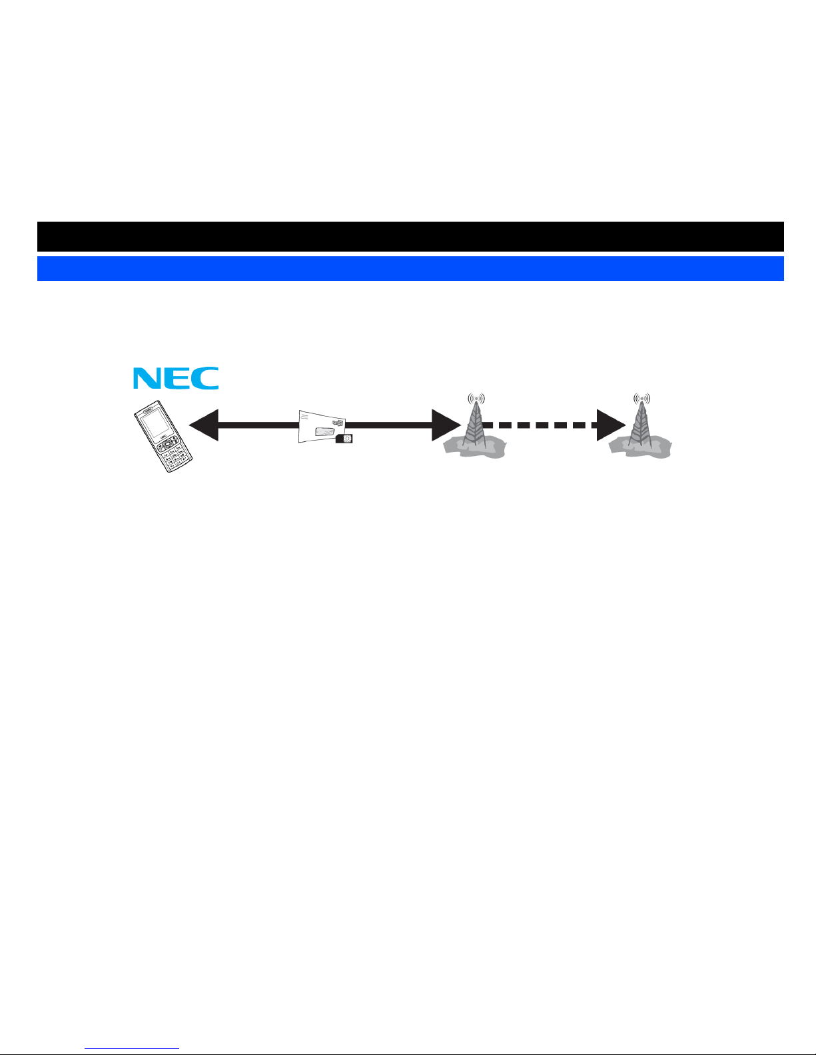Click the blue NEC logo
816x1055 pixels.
pos(175,378)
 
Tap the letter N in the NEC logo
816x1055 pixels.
pos(147,378)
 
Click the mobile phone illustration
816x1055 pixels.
pos(163,437)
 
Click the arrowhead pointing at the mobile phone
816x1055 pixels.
pos(203,425)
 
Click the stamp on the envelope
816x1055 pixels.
pos(338,424)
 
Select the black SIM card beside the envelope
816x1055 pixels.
pos(346,438)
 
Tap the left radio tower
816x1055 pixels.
pos(474,429)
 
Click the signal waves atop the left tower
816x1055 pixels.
pos(476,399)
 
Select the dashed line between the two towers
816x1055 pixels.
pos(540,425)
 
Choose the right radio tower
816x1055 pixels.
pos(641,429)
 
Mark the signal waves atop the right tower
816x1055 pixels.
pos(641,399)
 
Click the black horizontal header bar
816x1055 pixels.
pos(410,236)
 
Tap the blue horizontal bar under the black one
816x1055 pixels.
pos(410,268)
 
